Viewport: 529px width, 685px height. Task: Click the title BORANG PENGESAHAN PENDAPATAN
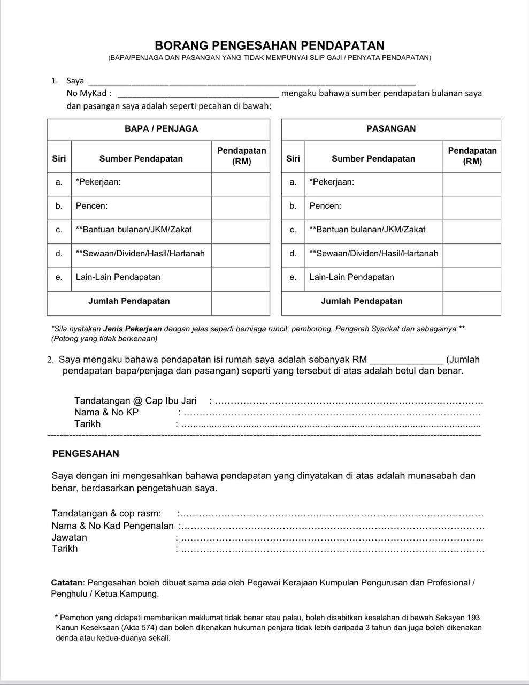click(270, 45)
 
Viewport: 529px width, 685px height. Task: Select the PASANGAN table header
click(391, 128)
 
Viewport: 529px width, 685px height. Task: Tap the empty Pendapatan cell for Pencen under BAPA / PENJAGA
click(240, 205)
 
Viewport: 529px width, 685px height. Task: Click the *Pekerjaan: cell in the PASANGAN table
click(332, 182)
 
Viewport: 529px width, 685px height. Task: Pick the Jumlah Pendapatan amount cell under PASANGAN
click(471, 301)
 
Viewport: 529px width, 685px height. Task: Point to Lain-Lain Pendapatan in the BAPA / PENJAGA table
click(118, 277)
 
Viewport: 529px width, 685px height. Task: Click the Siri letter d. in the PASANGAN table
click(293, 254)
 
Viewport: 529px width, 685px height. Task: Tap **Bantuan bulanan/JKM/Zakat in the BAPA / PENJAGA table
click(134, 230)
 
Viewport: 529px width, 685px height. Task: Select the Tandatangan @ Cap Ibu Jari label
click(135, 401)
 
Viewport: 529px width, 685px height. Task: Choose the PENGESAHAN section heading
click(86, 454)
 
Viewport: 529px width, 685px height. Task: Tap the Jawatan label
click(69, 537)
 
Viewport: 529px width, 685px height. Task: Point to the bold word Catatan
click(67, 582)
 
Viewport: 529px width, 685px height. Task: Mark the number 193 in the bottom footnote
click(473, 618)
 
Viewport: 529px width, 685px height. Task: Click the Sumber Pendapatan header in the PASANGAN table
click(373, 158)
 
